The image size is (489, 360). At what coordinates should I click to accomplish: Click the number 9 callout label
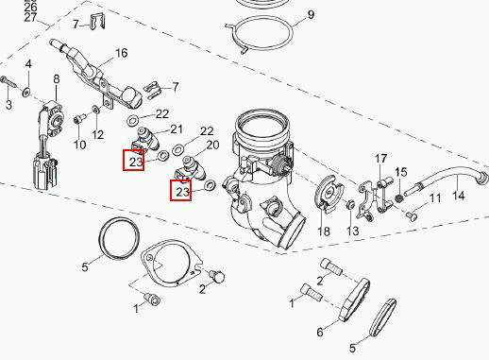tap(311, 15)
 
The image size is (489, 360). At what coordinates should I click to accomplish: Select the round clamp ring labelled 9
tap(260, 19)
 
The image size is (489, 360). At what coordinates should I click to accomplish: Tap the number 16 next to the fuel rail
tap(122, 53)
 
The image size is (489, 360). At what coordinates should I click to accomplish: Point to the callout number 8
tap(57, 79)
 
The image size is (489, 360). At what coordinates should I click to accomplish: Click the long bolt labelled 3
tap(8, 82)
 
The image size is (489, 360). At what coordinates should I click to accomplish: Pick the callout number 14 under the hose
tap(459, 196)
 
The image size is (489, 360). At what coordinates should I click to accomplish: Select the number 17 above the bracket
tap(380, 158)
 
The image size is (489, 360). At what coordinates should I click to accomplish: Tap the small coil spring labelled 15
tap(399, 198)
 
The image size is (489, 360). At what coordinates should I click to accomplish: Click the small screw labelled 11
tap(412, 216)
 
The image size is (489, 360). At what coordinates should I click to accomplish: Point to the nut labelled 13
tap(350, 205)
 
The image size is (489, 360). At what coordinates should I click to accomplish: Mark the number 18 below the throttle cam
tap(324, 231)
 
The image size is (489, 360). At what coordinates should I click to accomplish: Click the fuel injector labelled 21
tap(147, 139)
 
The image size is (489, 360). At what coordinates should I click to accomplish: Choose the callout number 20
tap(212, 146)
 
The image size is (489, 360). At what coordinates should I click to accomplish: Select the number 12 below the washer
tap(98, 135)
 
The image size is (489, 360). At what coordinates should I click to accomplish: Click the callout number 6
tap(320, 332)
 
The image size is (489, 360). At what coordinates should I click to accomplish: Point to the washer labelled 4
tap(26, 93)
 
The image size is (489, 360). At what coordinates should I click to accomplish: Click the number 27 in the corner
tap(30, 18)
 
